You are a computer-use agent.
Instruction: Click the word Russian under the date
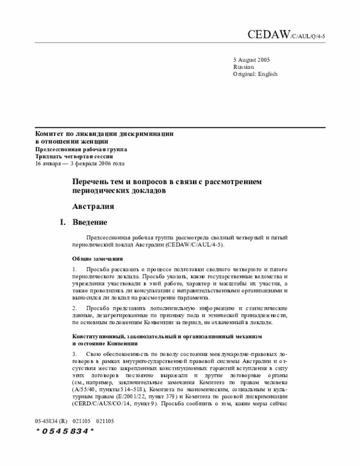click(243, 66)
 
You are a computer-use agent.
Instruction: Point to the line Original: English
click(255, 74)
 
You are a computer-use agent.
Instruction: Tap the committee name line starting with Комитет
click(104, 134)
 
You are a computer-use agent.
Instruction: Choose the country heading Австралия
click(93, 207)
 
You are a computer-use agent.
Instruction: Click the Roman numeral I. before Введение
click(64, 222)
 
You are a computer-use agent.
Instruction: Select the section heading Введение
click(90, 222)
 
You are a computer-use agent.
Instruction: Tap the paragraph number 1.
click(75, 270)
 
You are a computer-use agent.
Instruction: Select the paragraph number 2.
click(75, 309)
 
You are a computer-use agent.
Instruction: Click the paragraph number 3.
click(75, 353)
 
